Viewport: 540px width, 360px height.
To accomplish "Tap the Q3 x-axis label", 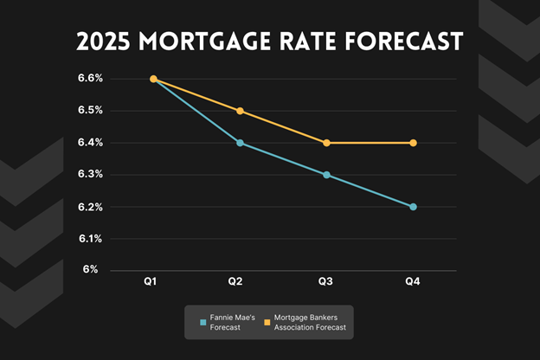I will pyautogui.click(x=326, y=282).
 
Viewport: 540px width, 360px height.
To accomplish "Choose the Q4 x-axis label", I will pyautogui.click(x=413, y=282).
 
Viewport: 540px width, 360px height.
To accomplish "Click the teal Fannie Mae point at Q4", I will pyautogui.click(x=413, y=207).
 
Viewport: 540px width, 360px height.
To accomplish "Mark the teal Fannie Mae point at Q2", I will pyautogui.click(x=240, y=143).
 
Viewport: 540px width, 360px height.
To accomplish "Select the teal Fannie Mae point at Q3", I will pyautogui.click(x=326, y=175).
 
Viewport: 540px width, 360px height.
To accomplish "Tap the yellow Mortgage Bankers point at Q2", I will pyautogui.click(x=240, y=111).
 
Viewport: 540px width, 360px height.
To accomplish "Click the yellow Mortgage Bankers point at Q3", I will pyautogui.click(x=326, y=143).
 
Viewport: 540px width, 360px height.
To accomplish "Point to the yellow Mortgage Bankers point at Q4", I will pyautogui.click(x=413, y=143).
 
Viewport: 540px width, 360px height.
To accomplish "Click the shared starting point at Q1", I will pyautogui.click(x=153, y=79).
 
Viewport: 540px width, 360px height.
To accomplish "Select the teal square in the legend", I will pyautogui.click(x=202, y=322).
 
